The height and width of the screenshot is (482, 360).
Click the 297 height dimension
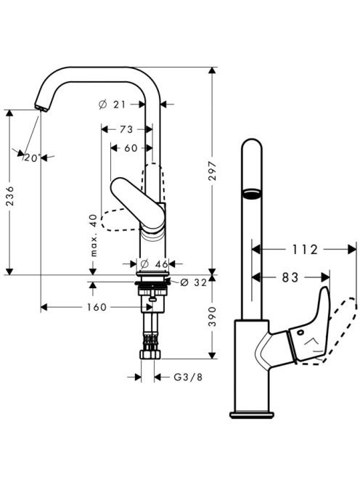click(x=213, y=171)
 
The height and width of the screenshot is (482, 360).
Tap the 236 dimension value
click(x=10, y=196)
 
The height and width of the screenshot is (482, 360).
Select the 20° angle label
click(x=32, y=158)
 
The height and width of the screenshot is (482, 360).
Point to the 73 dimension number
click(x=126, y=129)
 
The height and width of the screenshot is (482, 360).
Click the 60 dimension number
click(x=131, y=148)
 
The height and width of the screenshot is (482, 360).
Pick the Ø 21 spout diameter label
click(x=112, y=105)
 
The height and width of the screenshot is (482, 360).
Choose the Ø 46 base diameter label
click(x=154, y=264)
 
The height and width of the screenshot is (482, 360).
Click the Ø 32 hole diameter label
click(x=194, y=282)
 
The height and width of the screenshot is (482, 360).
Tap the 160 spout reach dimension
click(x=97, y=307)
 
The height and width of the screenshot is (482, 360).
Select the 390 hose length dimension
click(x=213, y=316)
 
